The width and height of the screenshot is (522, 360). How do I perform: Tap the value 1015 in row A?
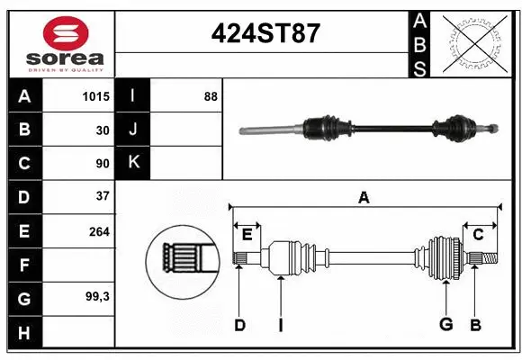coord(95,96)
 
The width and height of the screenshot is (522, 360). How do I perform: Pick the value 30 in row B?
coord(102,130)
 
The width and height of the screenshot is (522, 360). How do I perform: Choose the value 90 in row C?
coord(102,164)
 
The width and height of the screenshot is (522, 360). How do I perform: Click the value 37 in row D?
coord(102,196)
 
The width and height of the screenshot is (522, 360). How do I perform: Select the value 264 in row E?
coord(98,231)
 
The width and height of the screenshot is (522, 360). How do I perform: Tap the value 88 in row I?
coord(210,96)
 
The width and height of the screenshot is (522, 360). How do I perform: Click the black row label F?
coord(24,265)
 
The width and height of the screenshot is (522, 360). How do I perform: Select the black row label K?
coord(133,163)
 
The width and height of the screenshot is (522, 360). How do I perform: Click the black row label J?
coord(133,130)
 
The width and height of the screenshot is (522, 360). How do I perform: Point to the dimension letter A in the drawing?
coord(364,197)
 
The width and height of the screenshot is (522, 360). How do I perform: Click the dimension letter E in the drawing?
coord(247,235)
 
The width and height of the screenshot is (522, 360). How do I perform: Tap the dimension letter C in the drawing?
coord(478,235)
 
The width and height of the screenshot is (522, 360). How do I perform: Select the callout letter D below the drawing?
coord(239,325)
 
